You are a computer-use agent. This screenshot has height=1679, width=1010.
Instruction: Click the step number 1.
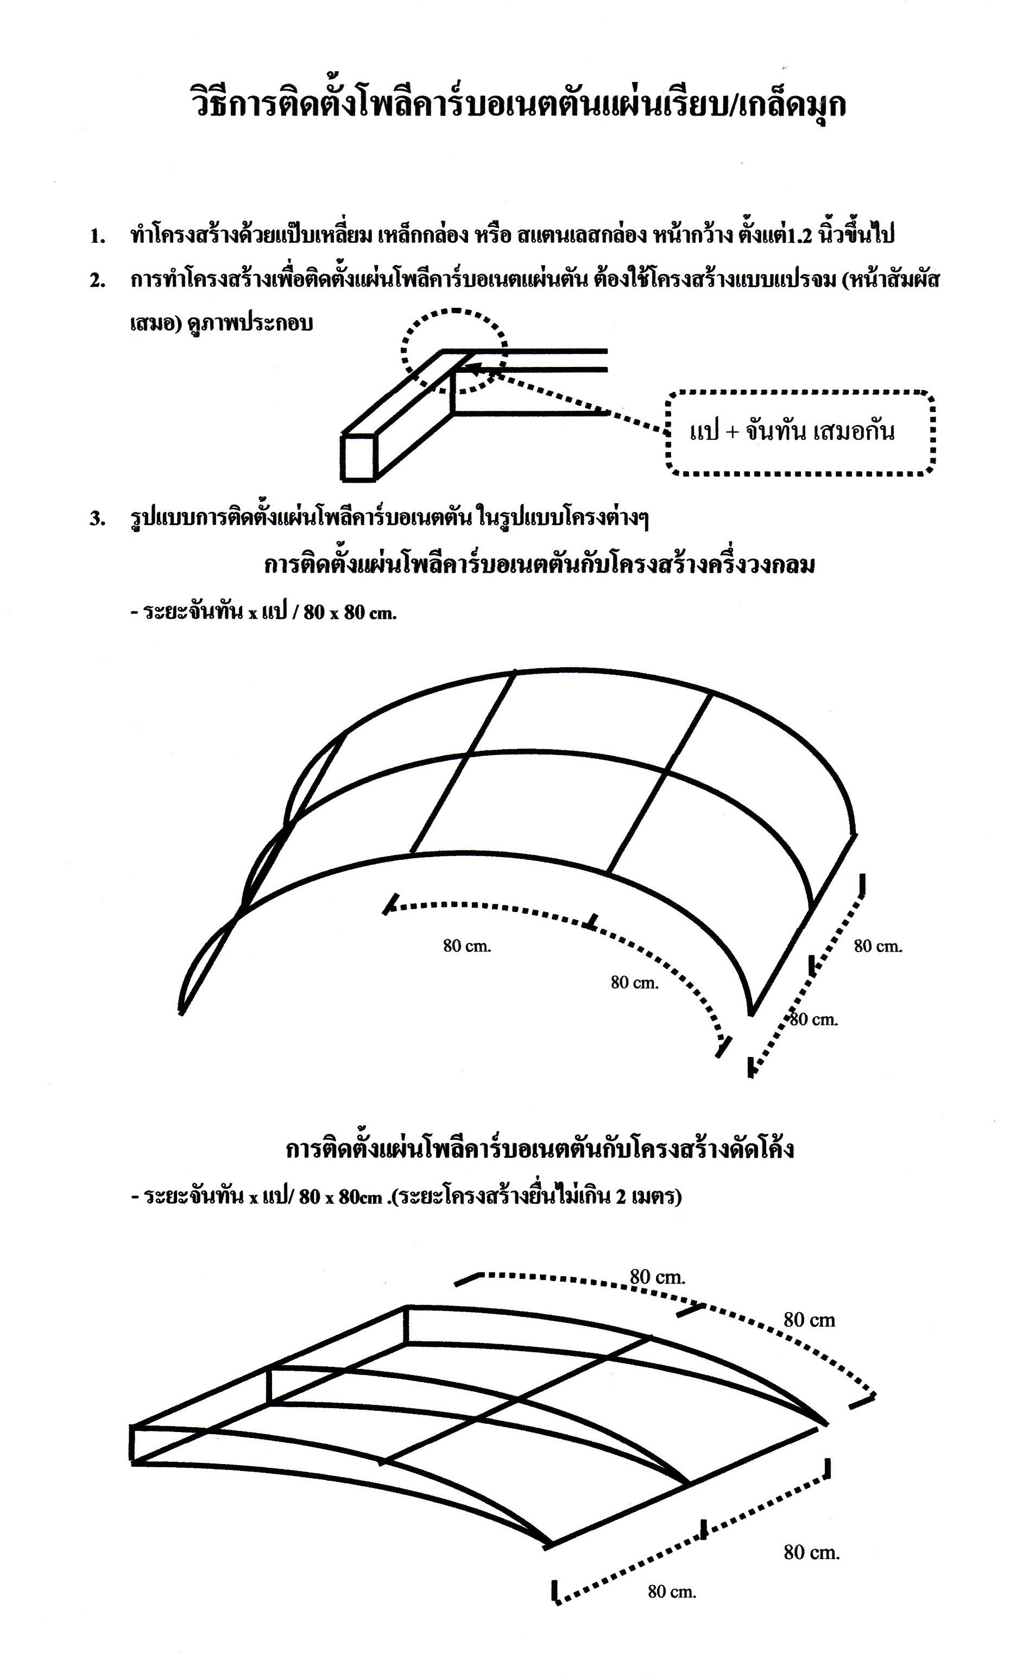97,237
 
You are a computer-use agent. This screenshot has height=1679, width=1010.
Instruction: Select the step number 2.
97,281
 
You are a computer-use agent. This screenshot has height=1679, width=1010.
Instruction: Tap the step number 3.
97,519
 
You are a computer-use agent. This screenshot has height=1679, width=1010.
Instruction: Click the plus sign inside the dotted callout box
731,432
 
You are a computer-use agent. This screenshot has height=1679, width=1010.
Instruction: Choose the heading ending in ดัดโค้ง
539,1149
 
